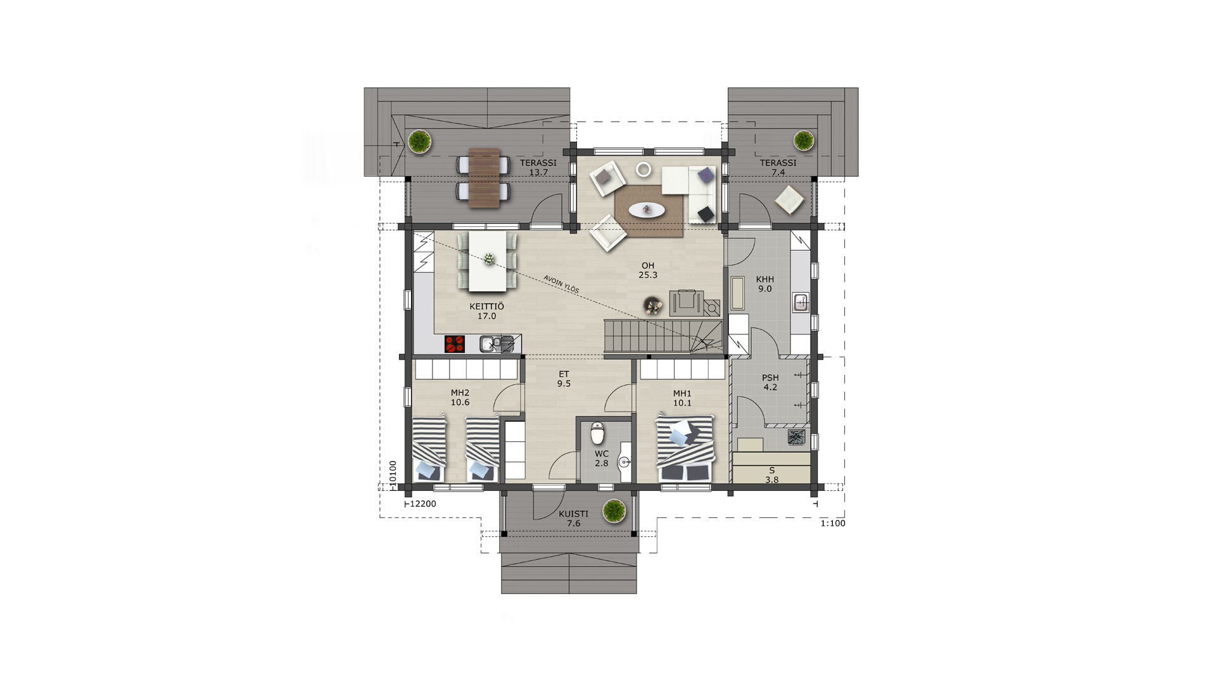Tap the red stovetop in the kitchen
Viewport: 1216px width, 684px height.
[455, 344]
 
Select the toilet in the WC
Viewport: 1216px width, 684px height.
[597, 433]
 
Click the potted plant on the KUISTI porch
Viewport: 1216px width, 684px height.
[614, 510]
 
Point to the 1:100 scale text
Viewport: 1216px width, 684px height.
[833, 523]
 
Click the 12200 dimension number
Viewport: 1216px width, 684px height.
[423, 504]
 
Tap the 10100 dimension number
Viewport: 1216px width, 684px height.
[393, 473]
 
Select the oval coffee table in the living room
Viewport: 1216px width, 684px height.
[647, 210]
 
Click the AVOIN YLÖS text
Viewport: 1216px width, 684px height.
[561, 284]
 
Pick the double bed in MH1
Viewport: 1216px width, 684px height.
[685, 448]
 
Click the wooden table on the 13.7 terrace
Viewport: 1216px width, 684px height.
[484, 177]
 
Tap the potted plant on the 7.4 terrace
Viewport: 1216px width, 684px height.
[804, 140]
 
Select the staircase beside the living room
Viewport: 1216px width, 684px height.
[663, 336]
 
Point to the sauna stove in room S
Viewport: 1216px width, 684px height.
[796, 436]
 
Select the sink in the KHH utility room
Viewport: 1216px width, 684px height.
[801, 303]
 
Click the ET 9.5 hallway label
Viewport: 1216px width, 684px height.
[564, 379]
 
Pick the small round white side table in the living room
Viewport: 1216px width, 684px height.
[643, 169]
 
